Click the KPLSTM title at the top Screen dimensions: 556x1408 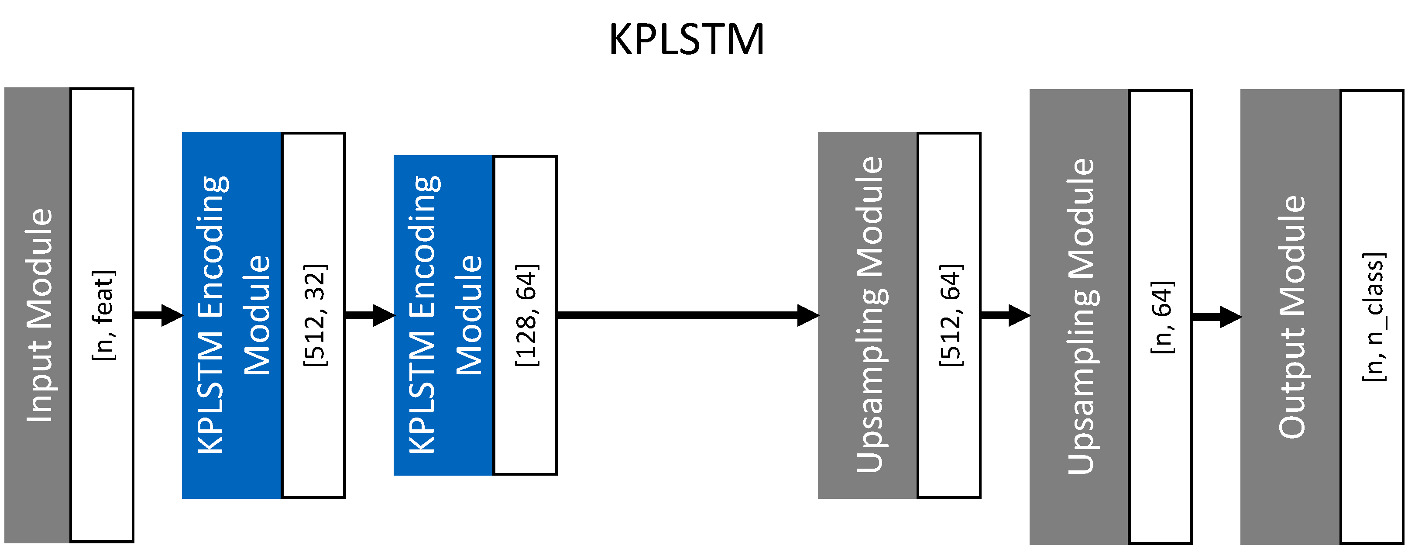[686, 39]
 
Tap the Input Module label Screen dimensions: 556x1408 [39, 315]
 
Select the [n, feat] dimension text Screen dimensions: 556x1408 [103, 315]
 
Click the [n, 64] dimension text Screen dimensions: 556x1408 [1161, 317]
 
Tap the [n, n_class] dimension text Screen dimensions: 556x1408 [1374, 317]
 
